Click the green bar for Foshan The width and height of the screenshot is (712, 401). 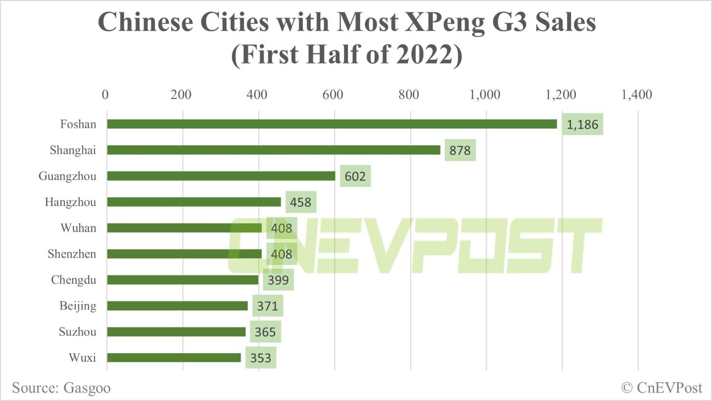click(x=332, y=124)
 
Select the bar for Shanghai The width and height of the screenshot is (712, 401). click(x=273, y=150)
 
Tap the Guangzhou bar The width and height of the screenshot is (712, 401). click(x=221, y=176)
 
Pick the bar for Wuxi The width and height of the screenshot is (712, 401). click(x=174, y=357)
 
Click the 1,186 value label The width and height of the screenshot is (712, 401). click(x=582, y=125)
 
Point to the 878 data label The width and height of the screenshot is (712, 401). click(x=460, y=151)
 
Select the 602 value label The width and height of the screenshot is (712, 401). click(x=355, y=176)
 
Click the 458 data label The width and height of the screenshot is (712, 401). click(x=300, y=202)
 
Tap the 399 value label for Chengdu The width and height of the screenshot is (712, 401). click(x=278, y=280)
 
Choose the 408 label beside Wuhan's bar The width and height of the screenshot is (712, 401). click(x=281, y=228)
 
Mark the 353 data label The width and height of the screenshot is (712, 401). click(x=261, y=358)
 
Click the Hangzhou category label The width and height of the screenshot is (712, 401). click(x=70, y=202)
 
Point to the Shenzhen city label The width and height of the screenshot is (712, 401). click(x=72, y=254)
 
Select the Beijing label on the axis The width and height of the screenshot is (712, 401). click(x=77, y=306)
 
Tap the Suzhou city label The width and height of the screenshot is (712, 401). click(x=77, y=332)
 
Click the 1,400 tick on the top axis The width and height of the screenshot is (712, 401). click(x=637, y=94)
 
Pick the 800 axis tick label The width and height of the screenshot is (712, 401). click(x=409, y=94)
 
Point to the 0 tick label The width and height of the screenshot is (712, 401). click(x=105, y=94)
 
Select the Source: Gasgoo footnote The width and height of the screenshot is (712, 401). click(x=61, y=388)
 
